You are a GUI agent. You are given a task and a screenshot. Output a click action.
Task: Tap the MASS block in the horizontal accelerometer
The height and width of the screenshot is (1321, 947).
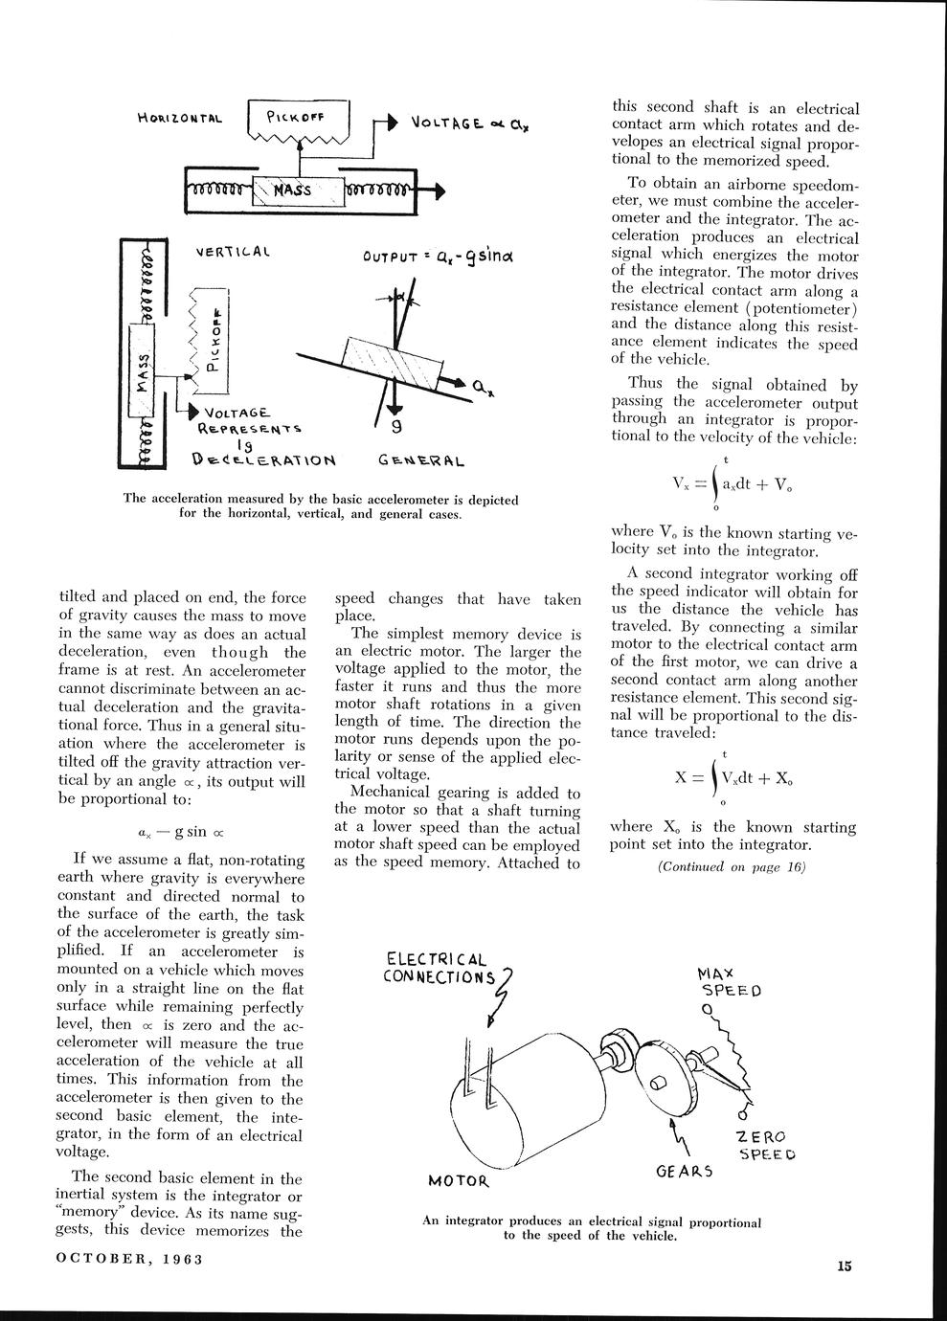(293, 189)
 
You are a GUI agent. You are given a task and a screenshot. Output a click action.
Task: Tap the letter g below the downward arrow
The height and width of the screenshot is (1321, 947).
(396, 427)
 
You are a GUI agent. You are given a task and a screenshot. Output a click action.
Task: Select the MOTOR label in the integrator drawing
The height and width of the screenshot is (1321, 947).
(459, 1180)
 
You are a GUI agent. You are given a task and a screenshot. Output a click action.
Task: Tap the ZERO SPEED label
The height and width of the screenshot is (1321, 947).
(762, 1145)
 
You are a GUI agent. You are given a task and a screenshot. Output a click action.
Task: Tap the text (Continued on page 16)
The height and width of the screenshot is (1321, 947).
(732, 867)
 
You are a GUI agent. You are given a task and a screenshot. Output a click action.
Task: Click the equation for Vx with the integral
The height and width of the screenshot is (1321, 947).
(733, 485)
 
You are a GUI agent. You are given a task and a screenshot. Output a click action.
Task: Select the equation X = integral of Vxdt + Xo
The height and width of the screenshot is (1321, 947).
(733, 776)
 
